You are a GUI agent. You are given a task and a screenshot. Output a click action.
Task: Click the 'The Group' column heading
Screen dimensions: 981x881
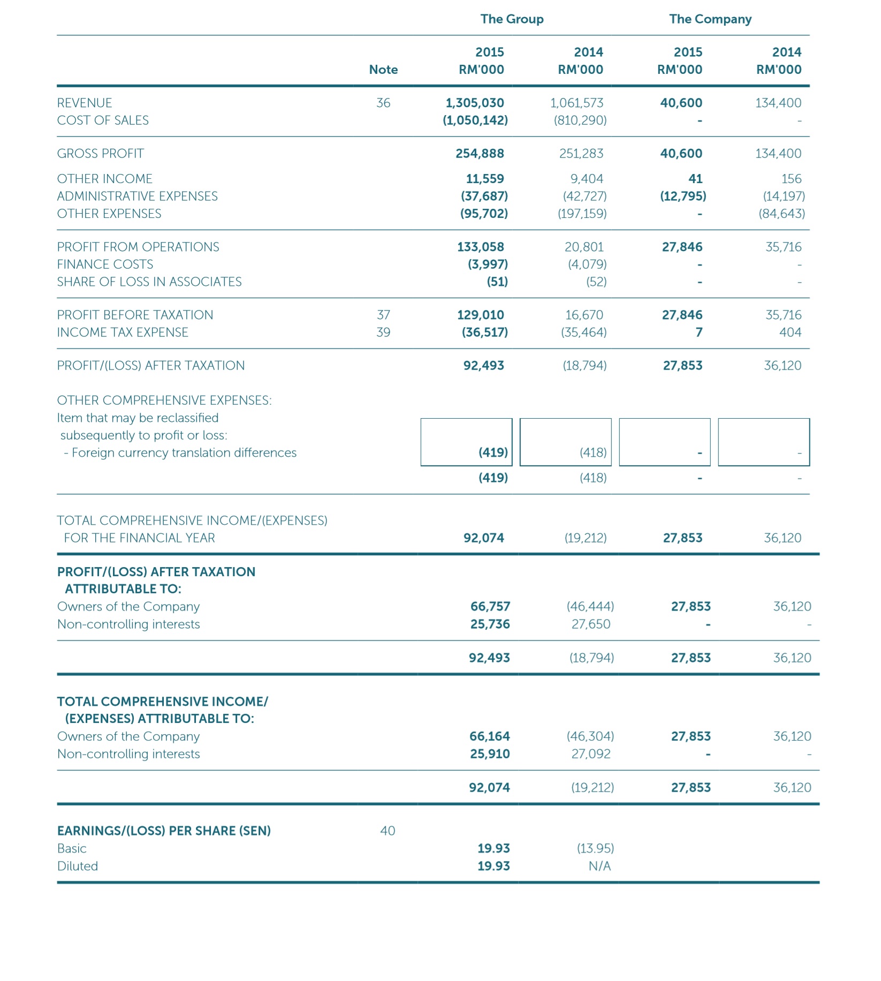point(512,19)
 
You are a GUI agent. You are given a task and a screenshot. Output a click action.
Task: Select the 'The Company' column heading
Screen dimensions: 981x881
point(710,19)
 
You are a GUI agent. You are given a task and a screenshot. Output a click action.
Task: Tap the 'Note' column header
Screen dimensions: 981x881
point(383,70)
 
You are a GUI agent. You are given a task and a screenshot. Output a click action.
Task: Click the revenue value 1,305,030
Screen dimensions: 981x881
point(475,103)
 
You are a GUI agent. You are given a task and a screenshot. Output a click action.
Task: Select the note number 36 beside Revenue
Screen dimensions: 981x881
point(383,103)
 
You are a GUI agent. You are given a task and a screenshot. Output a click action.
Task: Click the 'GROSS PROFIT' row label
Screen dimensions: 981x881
point(101,154)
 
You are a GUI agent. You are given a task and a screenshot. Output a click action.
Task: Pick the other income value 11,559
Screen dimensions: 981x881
point(485,179)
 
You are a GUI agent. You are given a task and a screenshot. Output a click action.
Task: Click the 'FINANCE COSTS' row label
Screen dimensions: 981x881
point(105,265)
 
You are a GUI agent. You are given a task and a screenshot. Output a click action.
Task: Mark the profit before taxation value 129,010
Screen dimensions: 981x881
point(481,315)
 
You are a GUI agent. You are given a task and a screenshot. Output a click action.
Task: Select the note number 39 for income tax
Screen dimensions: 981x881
point(383,333)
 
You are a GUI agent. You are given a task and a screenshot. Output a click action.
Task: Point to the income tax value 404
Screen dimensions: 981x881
point(790,333)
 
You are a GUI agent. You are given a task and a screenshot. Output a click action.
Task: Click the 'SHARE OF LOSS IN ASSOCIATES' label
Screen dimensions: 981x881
point(149,282)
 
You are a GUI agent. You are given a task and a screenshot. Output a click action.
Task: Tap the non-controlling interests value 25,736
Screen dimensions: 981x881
point(490,624)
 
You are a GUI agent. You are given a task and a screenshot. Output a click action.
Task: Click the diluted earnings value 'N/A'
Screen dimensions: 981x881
point(599,866)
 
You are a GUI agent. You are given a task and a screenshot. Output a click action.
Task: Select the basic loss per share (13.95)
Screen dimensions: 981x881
point(595,849)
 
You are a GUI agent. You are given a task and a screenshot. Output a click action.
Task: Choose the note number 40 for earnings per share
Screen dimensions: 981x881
point(388,831)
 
